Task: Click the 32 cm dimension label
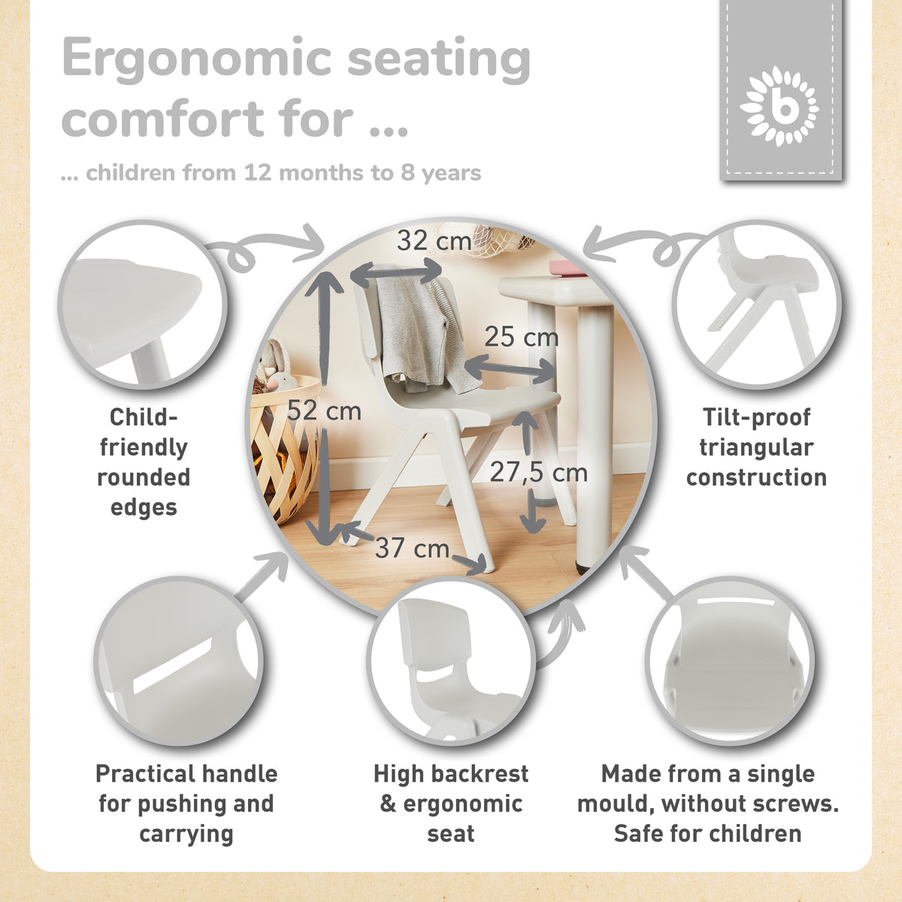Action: coord(434,241)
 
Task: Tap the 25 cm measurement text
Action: coord(522,337)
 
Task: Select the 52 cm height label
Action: coord(324,410)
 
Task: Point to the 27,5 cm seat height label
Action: coord(539,472)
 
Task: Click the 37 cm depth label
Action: coord(412,548)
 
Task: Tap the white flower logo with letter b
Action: coord(779,106)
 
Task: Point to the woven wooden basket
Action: coord(283,449)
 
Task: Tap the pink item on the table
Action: coord(568,268)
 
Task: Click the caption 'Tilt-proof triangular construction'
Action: coord(756,447)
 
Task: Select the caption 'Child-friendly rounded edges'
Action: coord(144,462)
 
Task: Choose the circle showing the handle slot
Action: coord(178,661)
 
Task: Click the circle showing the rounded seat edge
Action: coord(143,304)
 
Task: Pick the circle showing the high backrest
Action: coord(451,661)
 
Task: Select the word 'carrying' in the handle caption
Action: coord(186,835)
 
